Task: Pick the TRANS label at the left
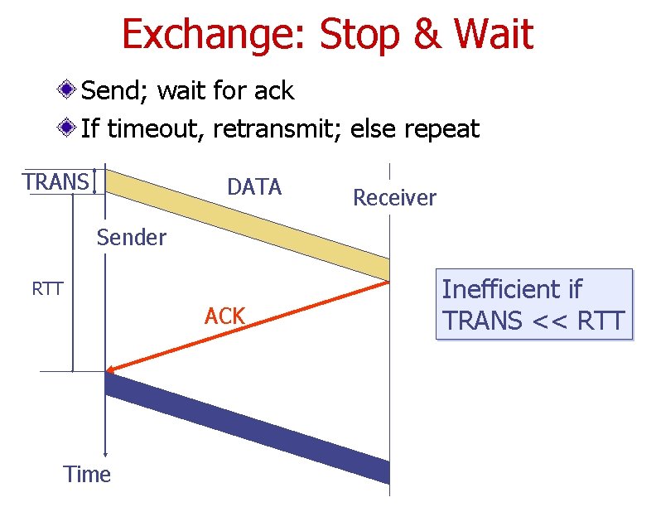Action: [55, 181]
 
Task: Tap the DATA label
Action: [254, 187]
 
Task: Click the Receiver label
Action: [394, 198]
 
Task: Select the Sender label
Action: [132, 238]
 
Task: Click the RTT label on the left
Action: [47, 289]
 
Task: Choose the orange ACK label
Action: [224, 316]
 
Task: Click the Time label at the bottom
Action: [87, 475]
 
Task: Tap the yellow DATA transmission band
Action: [248, 224]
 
